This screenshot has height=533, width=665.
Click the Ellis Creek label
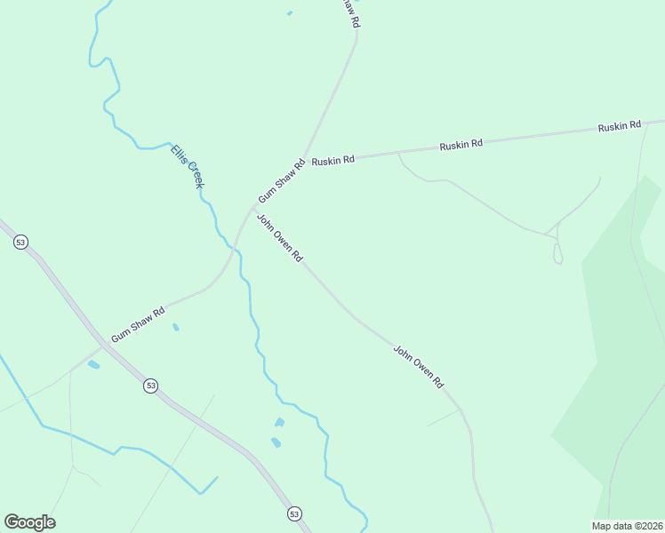[x=188, y=165]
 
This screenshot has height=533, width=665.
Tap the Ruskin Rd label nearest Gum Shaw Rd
[x=332, y=160]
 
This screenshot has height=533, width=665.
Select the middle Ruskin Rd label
[x=461, y=144]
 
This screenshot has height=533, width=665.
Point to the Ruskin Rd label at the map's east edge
[x=620, y=127]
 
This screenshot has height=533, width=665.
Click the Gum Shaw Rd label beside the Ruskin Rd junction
[x=281, y=180]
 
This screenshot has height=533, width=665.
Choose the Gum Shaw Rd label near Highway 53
[x=139, y=325]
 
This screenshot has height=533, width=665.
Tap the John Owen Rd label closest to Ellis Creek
[x=280, y=238]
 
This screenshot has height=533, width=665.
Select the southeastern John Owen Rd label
[x=418, y=366]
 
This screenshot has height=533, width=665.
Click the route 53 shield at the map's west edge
[x=20, y=242]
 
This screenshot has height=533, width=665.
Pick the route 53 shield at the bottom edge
[x=294, y=513]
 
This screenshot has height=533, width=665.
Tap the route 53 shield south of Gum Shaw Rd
[x=150, y=386]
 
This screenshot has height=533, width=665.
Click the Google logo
[x=29, y=522]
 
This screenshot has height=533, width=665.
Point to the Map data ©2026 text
[x=627, y=526]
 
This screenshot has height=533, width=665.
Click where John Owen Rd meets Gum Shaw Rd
[x=252, y=210]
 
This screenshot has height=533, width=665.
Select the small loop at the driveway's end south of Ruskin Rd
[x=557, y=254]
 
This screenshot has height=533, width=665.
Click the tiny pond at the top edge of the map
[x=290, y=13]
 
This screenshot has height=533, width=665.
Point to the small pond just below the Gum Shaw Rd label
[x=175, y=327]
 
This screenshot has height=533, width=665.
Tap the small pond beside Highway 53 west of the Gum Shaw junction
[x=93, y=364]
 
